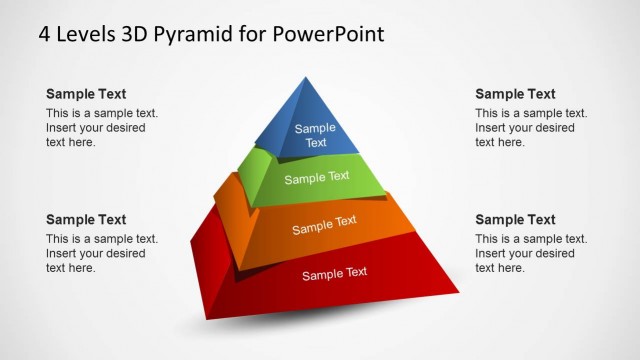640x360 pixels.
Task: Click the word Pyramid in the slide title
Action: coord(199,34)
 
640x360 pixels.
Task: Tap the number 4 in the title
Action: coord(45,34)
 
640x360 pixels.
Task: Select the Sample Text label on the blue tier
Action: coord(315,135)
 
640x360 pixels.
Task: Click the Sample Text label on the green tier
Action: coord(317,178)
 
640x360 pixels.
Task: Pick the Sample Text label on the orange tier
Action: coord(324,225)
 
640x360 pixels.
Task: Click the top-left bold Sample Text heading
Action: coord(86,94)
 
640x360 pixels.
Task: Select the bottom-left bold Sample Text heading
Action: coord(86,220)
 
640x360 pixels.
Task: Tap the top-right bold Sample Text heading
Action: coord(515,94)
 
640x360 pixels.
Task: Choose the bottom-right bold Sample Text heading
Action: coord(515,220)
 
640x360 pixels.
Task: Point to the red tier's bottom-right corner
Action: coord(458,293)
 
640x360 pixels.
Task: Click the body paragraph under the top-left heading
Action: coord(101,128)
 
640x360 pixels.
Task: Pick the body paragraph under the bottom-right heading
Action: coord(530,254)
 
